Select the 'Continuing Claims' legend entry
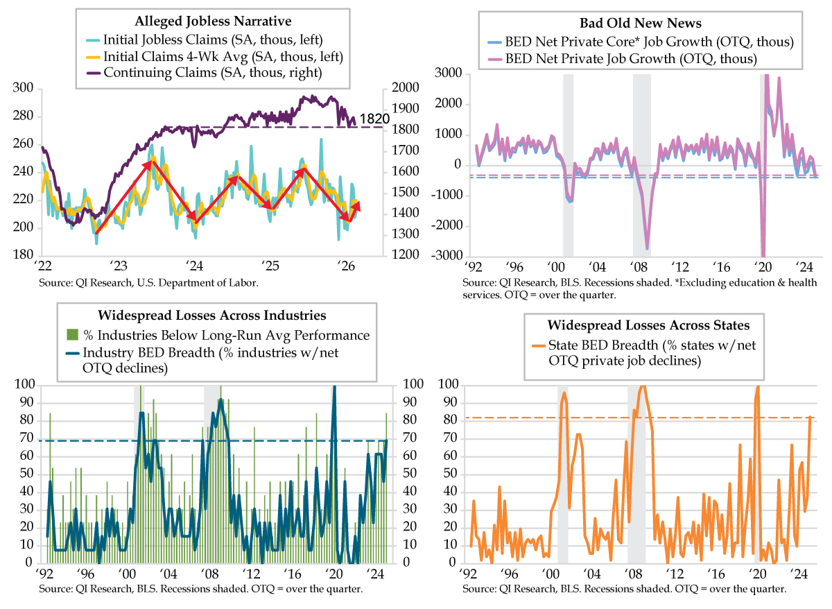(x=213, y=73)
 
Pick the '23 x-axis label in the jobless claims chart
(x=117, y=266)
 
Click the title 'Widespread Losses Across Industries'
(x=213, y=316)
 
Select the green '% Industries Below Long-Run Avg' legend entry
(x=226, y=336)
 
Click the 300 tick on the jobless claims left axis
(x=24, y=88)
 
